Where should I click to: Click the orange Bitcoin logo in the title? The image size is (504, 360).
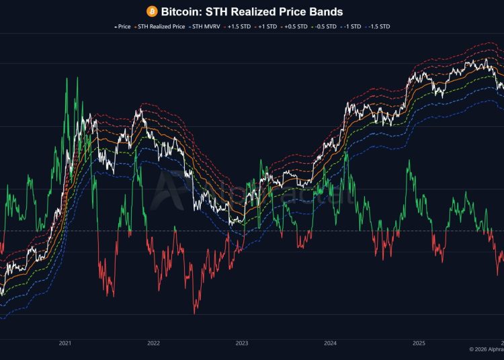(x=152, y=11)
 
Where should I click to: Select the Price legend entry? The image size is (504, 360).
(x=122, y=27)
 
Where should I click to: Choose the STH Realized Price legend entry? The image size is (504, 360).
(x=160, y=27)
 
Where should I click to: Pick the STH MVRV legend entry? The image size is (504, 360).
(x=206, y=27)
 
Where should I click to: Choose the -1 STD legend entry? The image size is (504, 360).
(x=352, y=27)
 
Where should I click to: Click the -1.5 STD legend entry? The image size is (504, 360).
(x=378, y=27)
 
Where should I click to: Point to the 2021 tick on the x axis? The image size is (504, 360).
(x=65, y=343)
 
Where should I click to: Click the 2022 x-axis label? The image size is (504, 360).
(x=153, y=343)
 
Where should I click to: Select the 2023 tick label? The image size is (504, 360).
(x=242, y=343)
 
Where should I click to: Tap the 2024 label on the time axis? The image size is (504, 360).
(x=331, y=343)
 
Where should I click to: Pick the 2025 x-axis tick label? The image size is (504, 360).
(x=419, y=343)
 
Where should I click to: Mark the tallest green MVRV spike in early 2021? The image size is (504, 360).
(x=67, y=79)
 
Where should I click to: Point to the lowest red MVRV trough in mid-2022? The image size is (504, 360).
(x=195, y=312)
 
